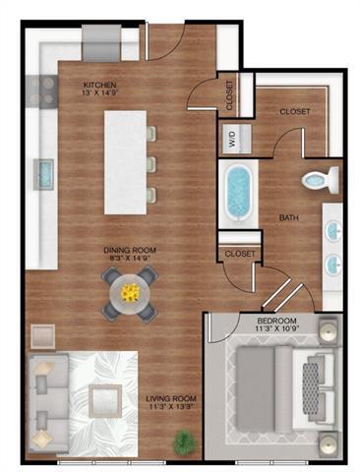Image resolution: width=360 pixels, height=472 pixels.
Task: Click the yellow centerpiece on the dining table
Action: point(130,290)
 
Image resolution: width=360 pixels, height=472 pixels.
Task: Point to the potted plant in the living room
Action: point(183,442)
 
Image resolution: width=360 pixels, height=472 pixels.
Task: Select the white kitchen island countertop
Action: point(126,161)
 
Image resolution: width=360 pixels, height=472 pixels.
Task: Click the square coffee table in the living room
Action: point(103,400)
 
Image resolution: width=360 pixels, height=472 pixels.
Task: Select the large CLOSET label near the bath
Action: point(295,112)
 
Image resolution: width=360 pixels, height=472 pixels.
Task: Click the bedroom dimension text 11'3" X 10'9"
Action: point(278,331)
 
